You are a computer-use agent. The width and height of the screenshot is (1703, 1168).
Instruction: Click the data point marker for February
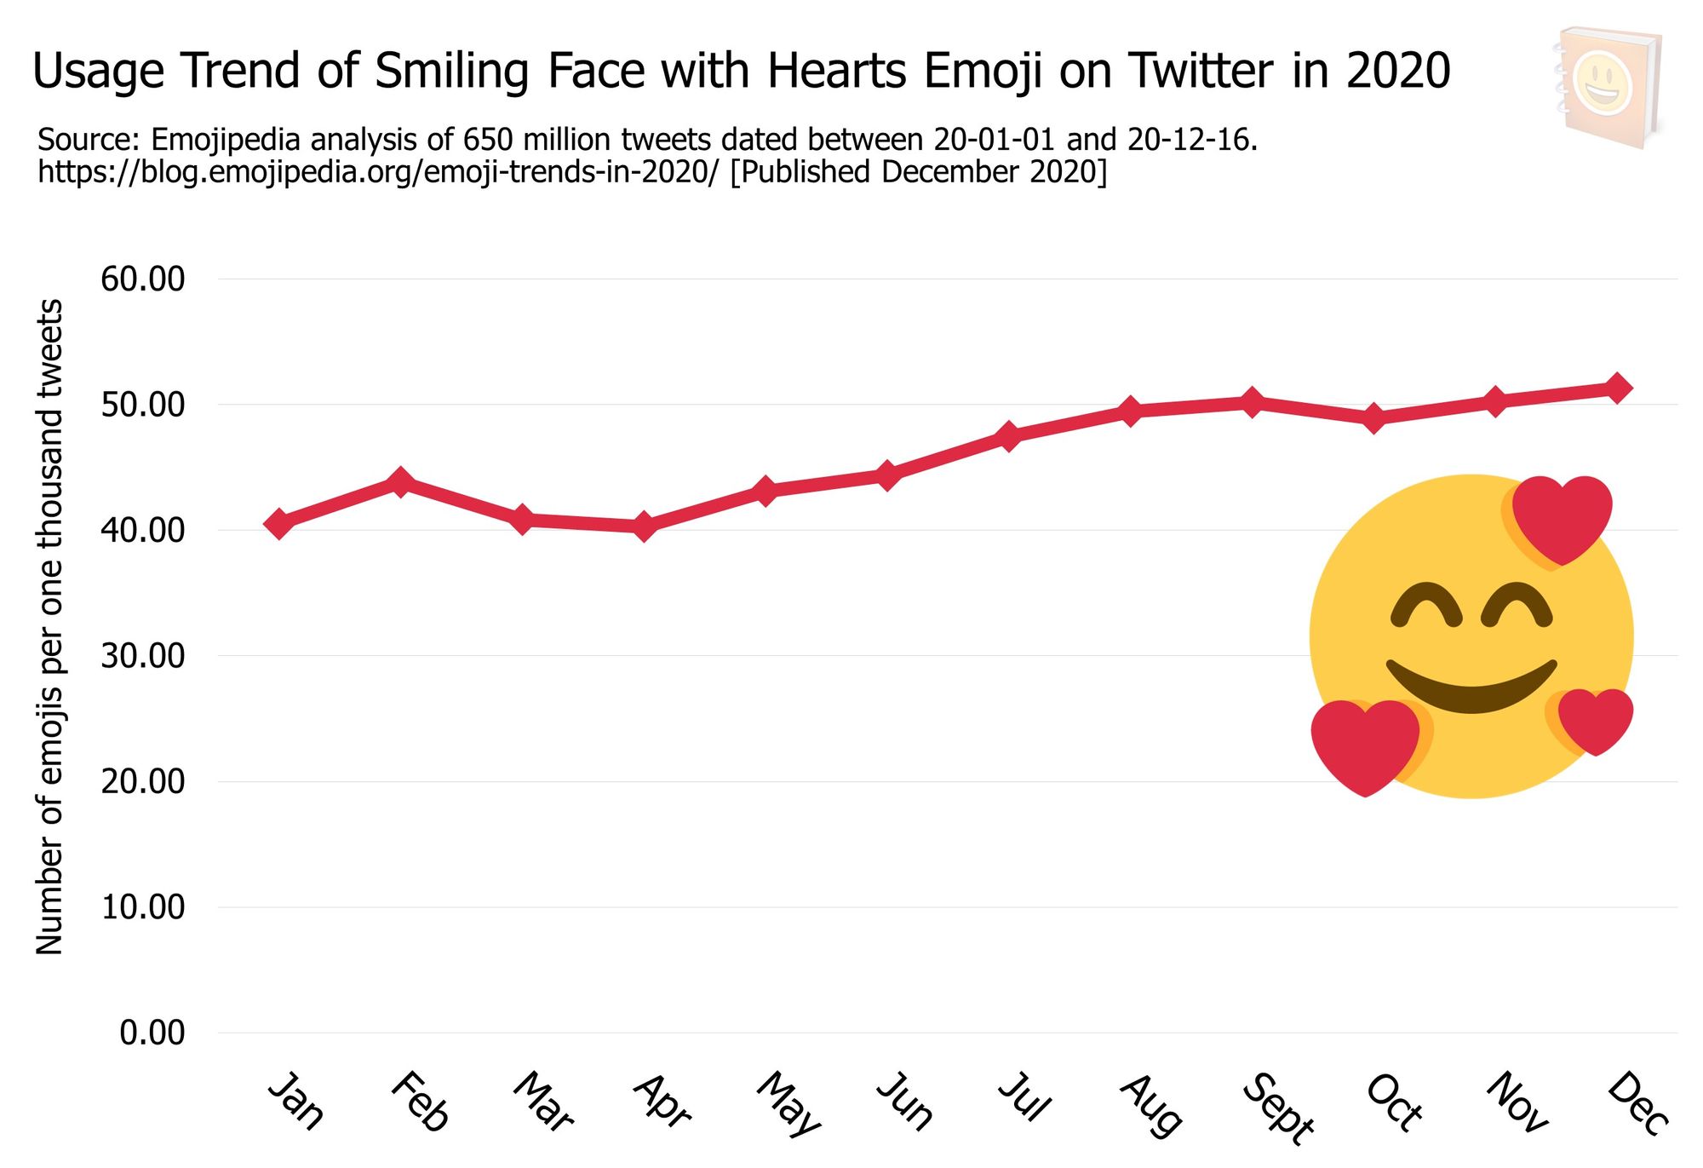tap(400, 483)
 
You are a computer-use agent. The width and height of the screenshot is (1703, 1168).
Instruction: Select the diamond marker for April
tap(645, 526)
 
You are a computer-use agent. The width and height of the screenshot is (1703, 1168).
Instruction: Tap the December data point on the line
tap(1618, 388)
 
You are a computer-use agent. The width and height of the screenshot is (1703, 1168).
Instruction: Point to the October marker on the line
tap(1373, 418)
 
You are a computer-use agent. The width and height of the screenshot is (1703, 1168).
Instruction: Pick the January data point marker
tap(278, 524)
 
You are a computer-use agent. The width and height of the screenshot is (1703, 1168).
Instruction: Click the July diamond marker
tap(1009, 437)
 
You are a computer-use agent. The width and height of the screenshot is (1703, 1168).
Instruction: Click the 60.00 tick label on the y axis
tap(142, 279)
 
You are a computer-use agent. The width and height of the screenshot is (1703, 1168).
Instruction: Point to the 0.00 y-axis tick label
tap(152, 1033)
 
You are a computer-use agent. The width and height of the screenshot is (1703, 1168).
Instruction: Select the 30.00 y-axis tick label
tap(142, 656)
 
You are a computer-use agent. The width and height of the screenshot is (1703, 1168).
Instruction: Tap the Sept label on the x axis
tap(1277, 1108)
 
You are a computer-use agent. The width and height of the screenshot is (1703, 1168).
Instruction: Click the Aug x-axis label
tap(1151, 1106)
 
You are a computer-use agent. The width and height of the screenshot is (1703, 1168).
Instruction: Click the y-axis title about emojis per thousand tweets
tap(49, 626)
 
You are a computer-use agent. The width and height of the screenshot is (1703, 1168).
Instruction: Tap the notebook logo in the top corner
tap(1607, 87)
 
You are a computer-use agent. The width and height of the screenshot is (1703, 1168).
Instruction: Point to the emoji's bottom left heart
tap(1365, 743)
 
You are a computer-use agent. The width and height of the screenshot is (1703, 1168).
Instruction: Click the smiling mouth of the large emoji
tap(1471, 686)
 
